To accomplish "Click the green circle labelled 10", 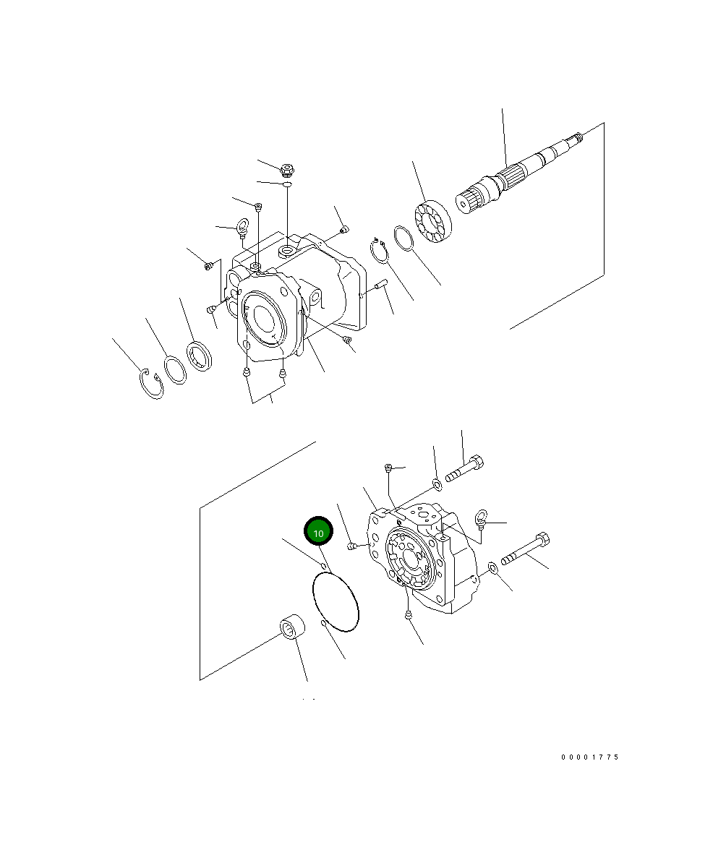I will [x=318, y=531].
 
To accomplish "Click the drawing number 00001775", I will [x=590, y=757].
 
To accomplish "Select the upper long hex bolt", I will [x=465, y=468].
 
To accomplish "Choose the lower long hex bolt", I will [x=526, y=550].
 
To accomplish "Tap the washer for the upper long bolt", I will [x=437, y=482].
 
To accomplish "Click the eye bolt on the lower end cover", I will [x=479, y=517].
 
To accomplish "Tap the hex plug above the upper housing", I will [x=287, y=170].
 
